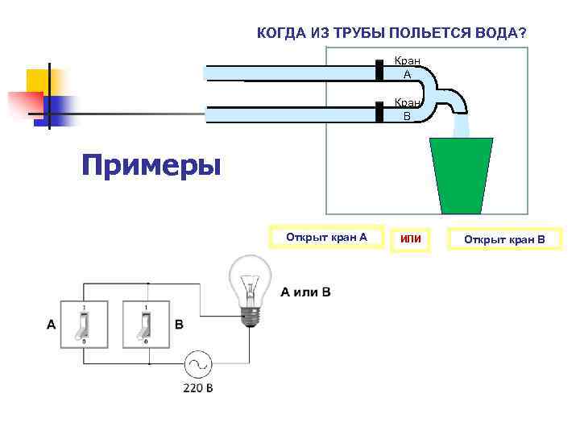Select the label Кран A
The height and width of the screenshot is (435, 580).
coord(407,68)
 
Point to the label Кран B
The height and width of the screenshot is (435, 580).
coord(407,110)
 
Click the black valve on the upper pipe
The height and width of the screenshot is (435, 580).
coord(379,71)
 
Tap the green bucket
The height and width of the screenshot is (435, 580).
coord(462,173)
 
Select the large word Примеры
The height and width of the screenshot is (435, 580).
coord(151,166)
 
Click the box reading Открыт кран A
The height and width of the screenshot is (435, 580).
coord(326,238)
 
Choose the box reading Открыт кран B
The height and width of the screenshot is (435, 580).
coord(504,239)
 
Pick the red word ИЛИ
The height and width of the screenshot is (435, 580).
coord(411,239)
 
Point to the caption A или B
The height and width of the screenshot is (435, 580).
coord(305,292)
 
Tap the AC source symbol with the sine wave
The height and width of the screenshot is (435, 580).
coord(197,365)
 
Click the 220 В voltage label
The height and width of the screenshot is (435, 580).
coord(198,388)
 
